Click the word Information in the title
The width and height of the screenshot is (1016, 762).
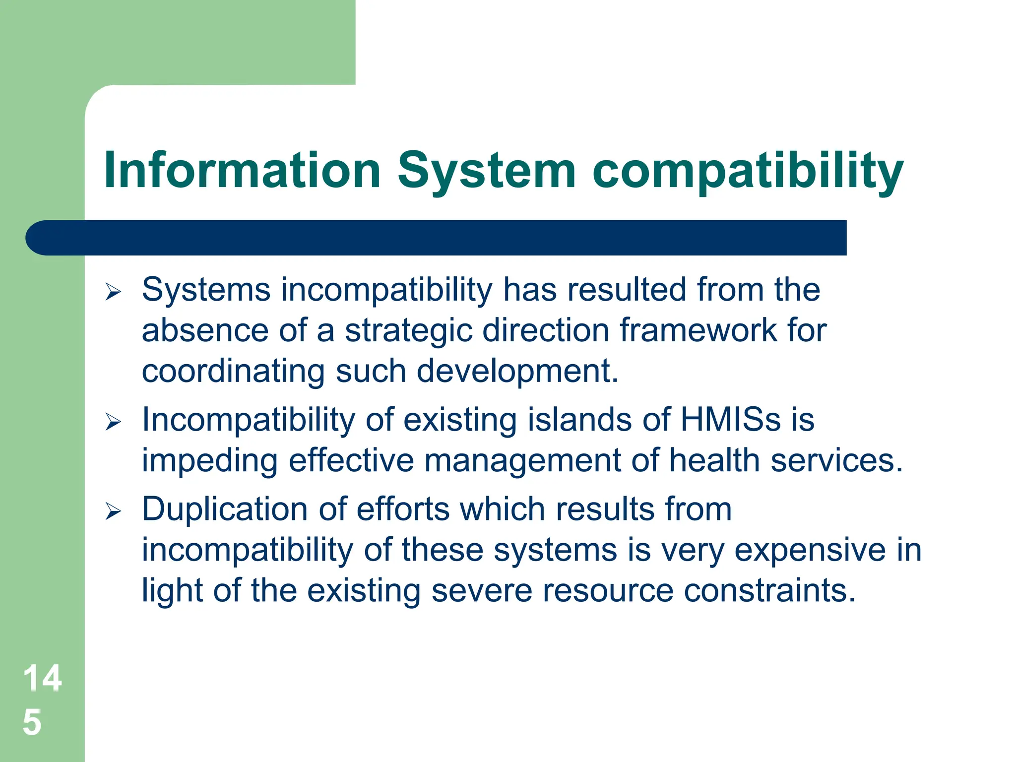[x=242, y=170]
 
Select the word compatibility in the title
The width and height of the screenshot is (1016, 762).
[x=748, y=170]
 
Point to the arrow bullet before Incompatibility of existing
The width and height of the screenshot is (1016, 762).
[x=113, y=422]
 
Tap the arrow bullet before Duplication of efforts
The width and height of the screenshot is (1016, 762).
[x=113, y=511]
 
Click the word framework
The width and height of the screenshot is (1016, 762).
[x=699, y=330]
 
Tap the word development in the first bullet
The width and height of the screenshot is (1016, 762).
[x=517, y=371]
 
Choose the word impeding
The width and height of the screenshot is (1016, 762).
[x=209, y=460]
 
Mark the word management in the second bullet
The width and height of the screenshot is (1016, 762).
[x=522, y=460]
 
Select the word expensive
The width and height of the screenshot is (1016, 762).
[x=810, y=550]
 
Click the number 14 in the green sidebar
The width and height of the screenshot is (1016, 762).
[x=42, y=678]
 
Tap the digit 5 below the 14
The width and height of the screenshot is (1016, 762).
[x=32, y=722]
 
